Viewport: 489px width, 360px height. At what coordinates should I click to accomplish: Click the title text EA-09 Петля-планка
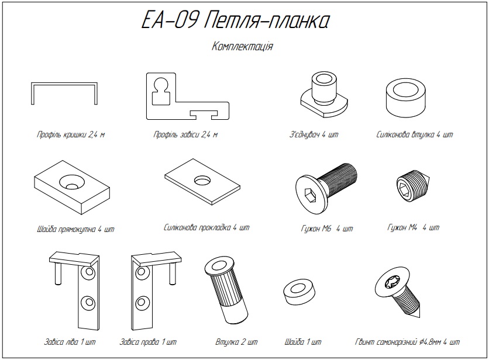coord(235,21)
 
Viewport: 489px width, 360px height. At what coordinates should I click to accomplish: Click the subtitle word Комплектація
coord(242,47)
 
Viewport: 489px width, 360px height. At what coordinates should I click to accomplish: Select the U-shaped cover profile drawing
coord(64,94)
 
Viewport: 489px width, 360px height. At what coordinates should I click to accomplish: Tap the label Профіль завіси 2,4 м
coord(185,134)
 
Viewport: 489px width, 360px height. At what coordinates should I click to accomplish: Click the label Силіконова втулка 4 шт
coord(415,134)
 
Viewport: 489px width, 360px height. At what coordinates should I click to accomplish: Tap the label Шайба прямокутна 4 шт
coord(74,229)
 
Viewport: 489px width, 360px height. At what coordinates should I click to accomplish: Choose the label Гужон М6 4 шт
coord(326,228)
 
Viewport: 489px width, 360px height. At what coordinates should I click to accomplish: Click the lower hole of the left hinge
coord(88,303)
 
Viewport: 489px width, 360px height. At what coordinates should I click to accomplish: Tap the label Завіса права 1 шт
coord(147,342)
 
